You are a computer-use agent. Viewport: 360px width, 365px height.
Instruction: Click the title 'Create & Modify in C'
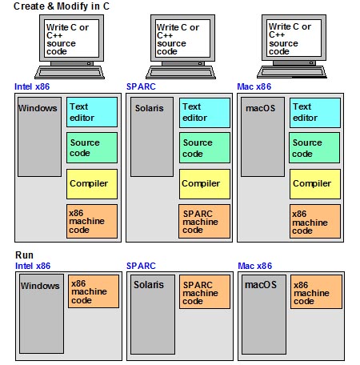pos(62,6)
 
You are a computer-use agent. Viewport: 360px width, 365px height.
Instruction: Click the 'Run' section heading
pos(24,255)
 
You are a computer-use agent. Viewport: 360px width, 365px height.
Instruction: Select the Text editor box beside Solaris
pos(205,113)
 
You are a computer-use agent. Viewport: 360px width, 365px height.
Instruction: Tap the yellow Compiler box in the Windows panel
pos(92,184)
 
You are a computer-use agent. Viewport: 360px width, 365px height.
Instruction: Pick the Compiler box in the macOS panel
pos(315,184)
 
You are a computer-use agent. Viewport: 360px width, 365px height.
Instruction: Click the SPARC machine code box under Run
pos(205,292)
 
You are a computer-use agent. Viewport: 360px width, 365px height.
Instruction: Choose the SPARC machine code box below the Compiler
pos(204,221)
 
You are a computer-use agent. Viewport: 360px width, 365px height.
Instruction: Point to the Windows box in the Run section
pos(42,314)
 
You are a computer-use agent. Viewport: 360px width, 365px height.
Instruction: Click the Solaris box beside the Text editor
pos(152,137)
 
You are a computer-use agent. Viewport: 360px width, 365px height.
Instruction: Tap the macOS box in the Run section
pos(264,315)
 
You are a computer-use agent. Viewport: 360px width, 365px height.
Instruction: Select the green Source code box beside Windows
pos(92,147)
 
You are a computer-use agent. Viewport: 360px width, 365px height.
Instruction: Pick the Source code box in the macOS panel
pos(314,147)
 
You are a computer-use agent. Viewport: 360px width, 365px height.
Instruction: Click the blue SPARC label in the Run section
pos(141,266)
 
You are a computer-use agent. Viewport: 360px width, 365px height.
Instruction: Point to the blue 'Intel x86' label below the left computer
pos(32,86)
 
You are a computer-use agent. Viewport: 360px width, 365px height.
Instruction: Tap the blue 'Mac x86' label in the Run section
pos(255,266)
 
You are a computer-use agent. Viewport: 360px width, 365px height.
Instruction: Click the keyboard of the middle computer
pos(181,72)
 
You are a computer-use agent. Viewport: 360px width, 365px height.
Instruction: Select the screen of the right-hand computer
pos(294,38)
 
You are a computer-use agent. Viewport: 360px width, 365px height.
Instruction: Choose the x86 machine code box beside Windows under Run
pos(94,291)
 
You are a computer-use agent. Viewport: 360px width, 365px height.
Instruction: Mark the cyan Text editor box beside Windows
pos(92,112)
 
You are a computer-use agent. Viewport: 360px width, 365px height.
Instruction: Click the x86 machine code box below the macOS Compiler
pos(315,221)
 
